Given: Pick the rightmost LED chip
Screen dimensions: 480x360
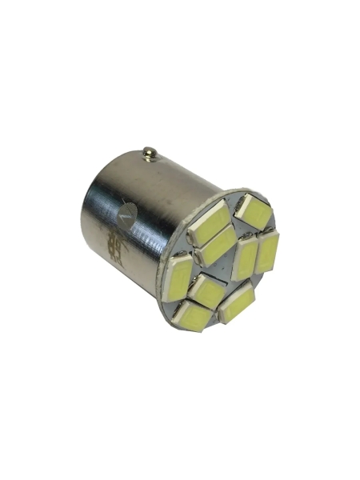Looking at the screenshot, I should pos(268,250).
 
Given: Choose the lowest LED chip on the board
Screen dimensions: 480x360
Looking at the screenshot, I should pos(192,314).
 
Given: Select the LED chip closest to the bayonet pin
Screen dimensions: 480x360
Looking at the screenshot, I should pos(204,228).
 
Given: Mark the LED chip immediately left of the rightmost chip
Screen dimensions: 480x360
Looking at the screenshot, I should pos(245,258).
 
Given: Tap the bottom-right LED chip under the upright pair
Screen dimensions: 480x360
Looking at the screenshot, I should pos(236,303).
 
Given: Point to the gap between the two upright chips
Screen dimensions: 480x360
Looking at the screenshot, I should pos(257,254).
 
